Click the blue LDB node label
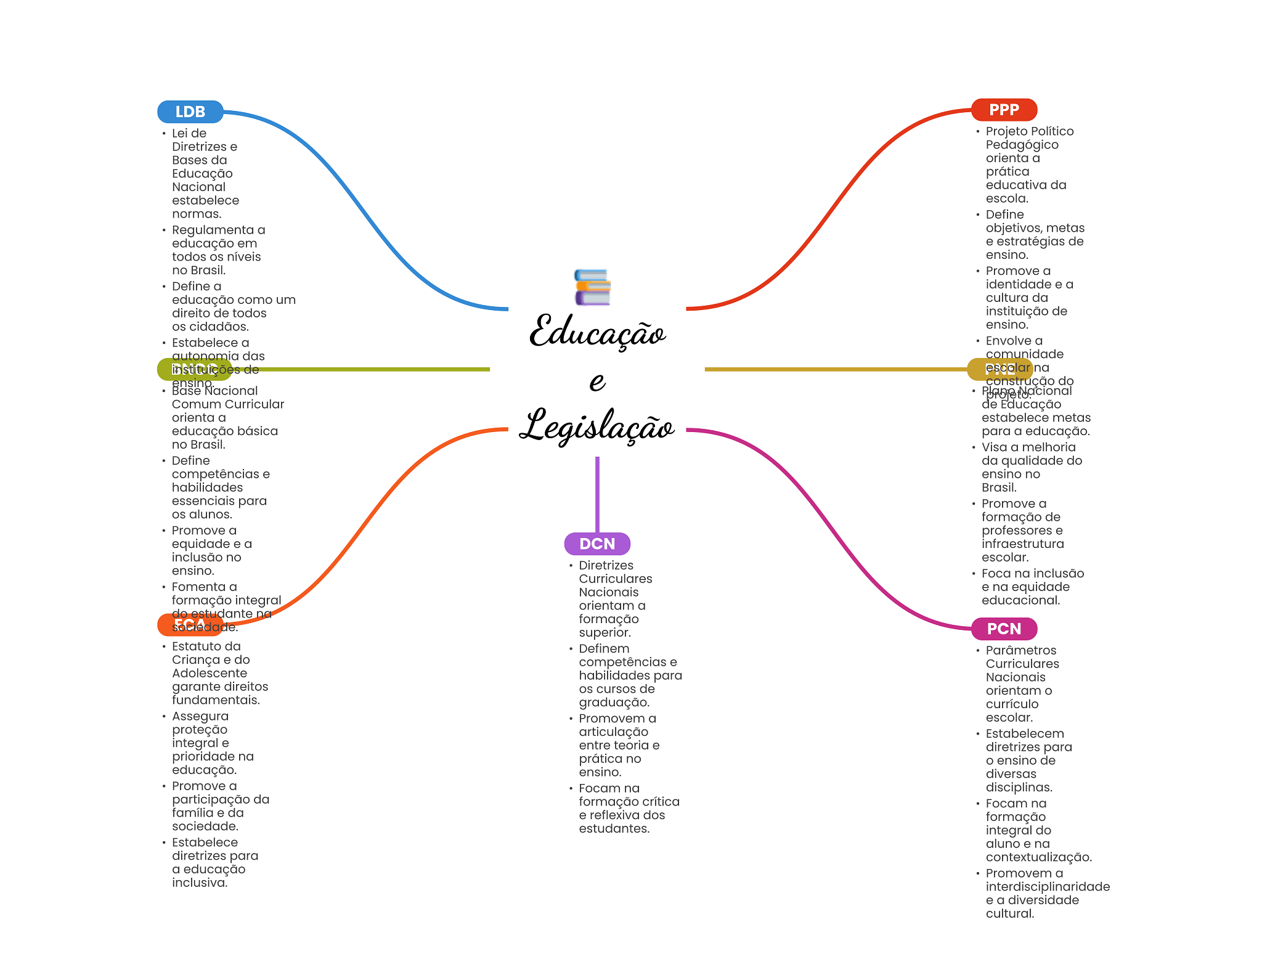click(190, 112)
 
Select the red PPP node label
click(1004, 110)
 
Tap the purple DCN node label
click(597, 544)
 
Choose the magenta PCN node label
click(1004, 629)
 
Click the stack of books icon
click(592, 287)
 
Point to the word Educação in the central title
click(597, 333)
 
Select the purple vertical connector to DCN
click(597, 493)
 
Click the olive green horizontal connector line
click(370, 369)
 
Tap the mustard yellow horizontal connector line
click(832, 369)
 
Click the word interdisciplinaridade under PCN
click(1048, 886)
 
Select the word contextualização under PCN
click(1038, 857)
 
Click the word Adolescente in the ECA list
click(210, 673)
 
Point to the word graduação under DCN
click(614, 702)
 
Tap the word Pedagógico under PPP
click(1022, 144)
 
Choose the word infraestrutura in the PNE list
click(1022, 544)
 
